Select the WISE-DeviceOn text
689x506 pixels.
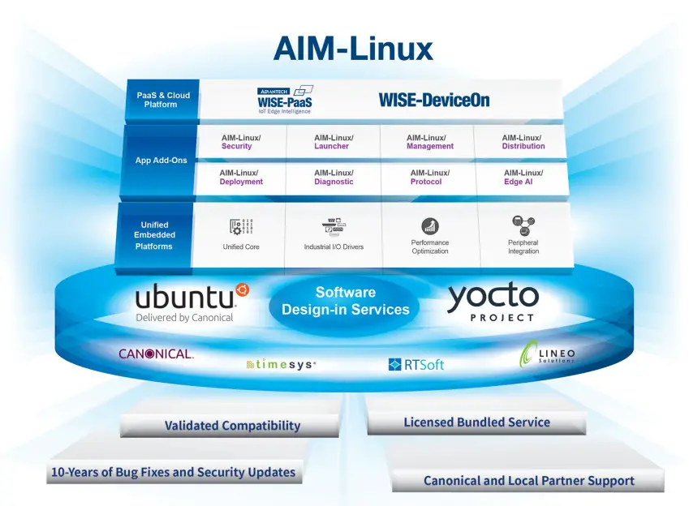pyautogui.click(x=433, y=101)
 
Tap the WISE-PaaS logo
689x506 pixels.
pyautogui.click(x=286, y=100)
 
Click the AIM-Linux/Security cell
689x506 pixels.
pyautogui.click(x=240, y=142)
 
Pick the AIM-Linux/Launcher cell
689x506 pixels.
pyautogui.click(x=333, y=142)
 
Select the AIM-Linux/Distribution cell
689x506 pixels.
pyautogui.click(x=523, y=142)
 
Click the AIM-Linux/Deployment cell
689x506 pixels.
pyautogui.click(x=240, y=177)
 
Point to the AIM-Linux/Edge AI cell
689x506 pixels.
pyautogui.click(x=523, y=177)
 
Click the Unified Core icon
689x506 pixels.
pyautogui.click(x=241, y=227)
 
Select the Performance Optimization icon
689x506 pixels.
pyautogui.click(x=429, y=226)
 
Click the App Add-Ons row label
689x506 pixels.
pyautogui.click(x=161, y=160)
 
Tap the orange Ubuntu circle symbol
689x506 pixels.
pyautogui.click(x=241, y=289)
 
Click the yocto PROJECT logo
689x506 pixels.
pyautogui.click(x=492, y=303)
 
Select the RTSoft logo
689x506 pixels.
pyautogui.click(x=416, y=365)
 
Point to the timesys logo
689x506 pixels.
pyautogui.click(x=281, y=365)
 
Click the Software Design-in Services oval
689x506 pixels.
pyautogui.click(x=345, y=301)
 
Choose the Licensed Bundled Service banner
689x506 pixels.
pyautogui.click(x=476, y=422)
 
